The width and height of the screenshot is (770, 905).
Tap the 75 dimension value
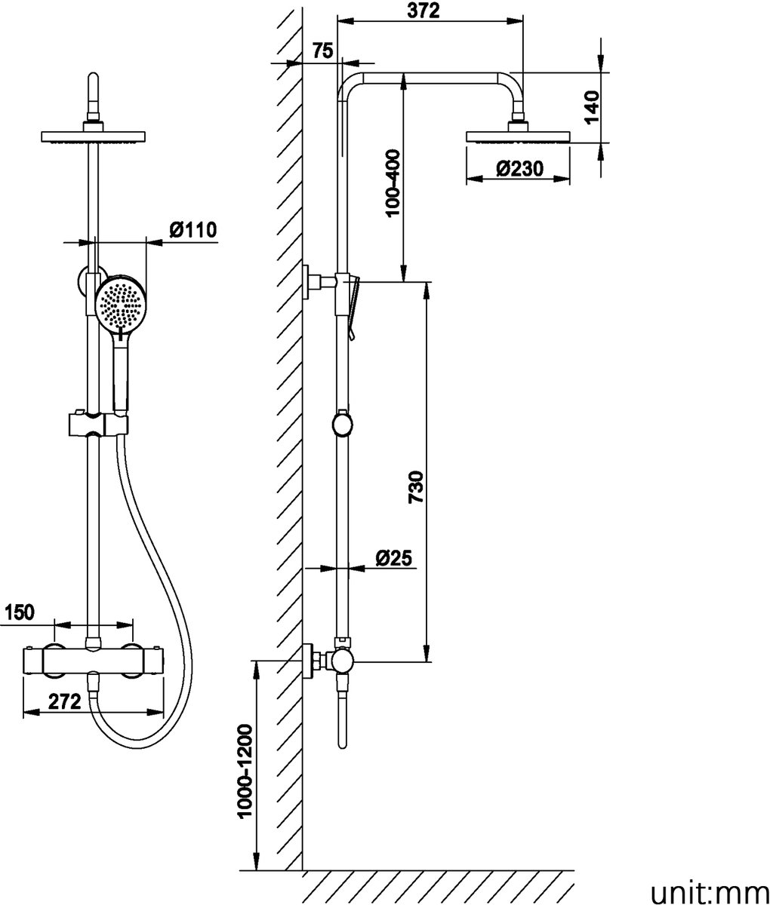click(x=322, y=51)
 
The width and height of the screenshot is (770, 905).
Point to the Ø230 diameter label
click(x=520, y=169)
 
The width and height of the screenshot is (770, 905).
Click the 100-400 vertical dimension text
click(x=391, y=184)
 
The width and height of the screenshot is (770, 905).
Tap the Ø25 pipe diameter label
click(x=393, y=558)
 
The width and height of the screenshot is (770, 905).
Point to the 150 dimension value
click(x=19, y=612)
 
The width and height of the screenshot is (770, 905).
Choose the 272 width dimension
click(x=64, y=701)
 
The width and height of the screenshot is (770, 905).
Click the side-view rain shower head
click(x=518, y=137)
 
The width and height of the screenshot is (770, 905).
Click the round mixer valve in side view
click(x=340, y=661)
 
